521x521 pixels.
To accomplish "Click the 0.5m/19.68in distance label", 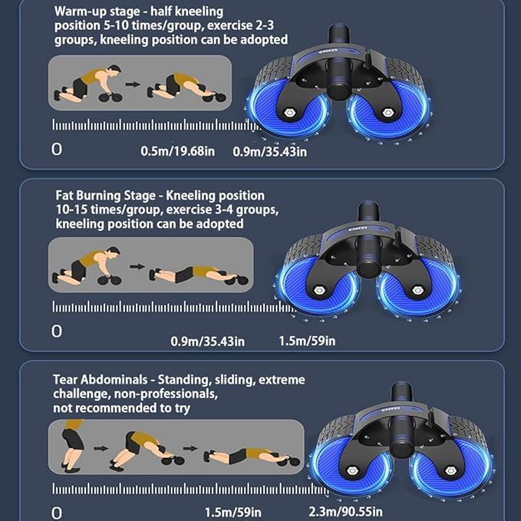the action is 177,151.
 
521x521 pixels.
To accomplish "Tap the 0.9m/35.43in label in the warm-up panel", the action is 270,151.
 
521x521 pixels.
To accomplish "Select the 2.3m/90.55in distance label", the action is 345,511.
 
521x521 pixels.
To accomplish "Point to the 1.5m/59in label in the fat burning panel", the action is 307,341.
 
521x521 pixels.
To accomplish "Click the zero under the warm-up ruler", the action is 57,150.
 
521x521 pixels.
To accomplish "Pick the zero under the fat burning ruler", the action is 57,331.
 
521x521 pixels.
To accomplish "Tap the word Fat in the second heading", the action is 64,196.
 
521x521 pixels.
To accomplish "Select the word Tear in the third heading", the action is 65,380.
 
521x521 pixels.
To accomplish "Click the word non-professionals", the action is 166,394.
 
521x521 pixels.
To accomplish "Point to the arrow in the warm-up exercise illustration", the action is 133,84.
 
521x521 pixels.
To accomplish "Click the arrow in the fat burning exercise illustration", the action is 137,266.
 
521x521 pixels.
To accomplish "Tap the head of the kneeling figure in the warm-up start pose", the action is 114,70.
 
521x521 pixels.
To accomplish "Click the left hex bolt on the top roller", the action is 290,113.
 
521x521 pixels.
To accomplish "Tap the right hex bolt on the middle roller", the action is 417,290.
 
